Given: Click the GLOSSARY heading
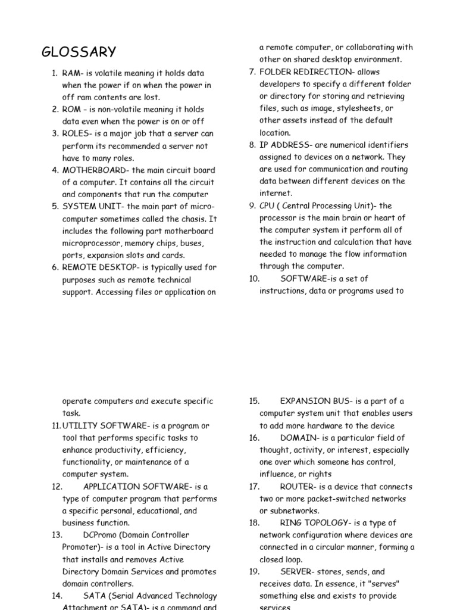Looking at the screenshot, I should tap(79, 52).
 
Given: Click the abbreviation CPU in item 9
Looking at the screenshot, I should tap(267, 206).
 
